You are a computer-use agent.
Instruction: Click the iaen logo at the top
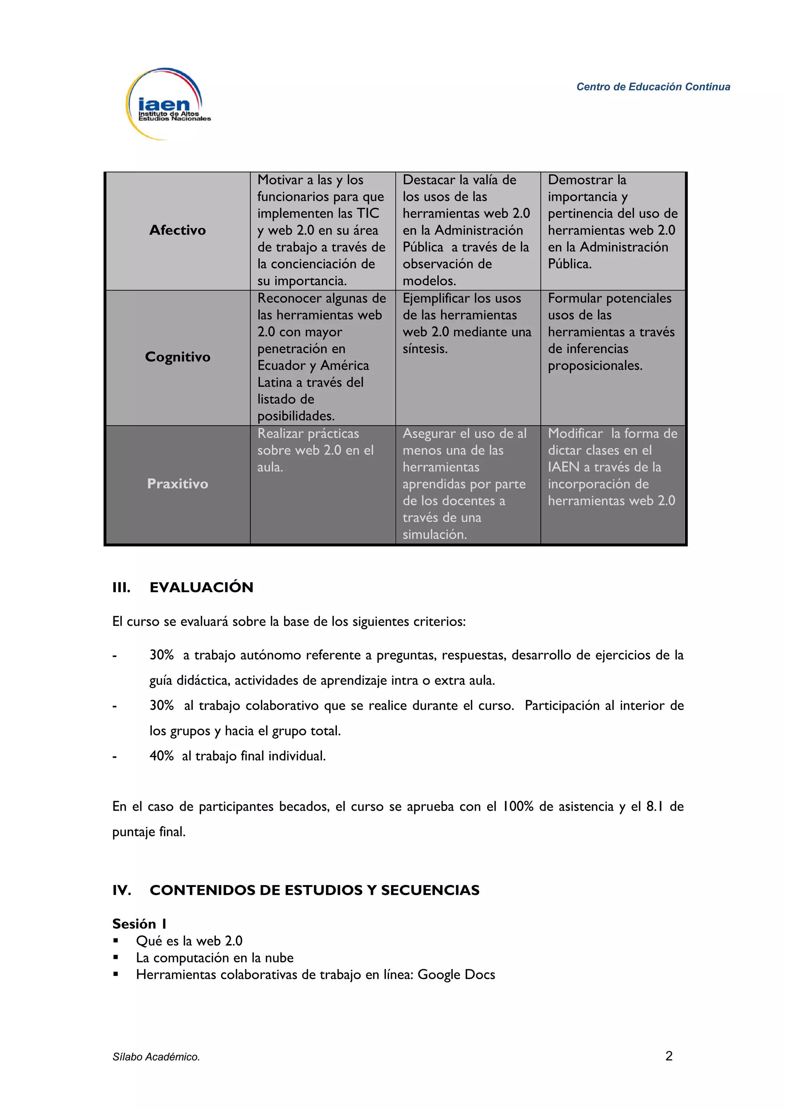[x=167, y=104]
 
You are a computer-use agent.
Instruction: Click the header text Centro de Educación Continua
[x=653, y=87]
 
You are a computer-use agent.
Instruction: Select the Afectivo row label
[x=177, y=230]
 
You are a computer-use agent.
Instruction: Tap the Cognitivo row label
[x=177, y=357]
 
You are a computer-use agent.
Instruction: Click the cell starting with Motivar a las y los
[x=322, y=230]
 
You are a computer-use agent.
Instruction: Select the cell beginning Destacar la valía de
[x=467, y=230]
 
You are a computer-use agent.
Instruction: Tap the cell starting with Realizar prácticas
[x=315, y=450]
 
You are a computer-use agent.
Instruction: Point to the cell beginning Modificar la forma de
[x=612, y=467]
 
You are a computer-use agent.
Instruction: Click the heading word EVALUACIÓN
[x=202, y=588]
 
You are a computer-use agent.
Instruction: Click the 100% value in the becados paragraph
[x=518, y=806]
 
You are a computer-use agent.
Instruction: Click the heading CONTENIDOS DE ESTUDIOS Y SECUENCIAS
[x=314, y=890]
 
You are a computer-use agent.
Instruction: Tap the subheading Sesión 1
[x=140, y=924]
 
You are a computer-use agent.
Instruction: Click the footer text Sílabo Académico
[x=156, y=1057]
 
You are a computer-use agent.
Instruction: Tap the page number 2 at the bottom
[x=669, y=1056]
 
